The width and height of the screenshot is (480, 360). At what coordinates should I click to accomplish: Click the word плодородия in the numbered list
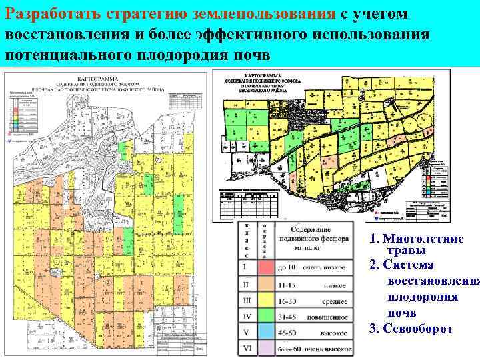[x=422, y=297]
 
